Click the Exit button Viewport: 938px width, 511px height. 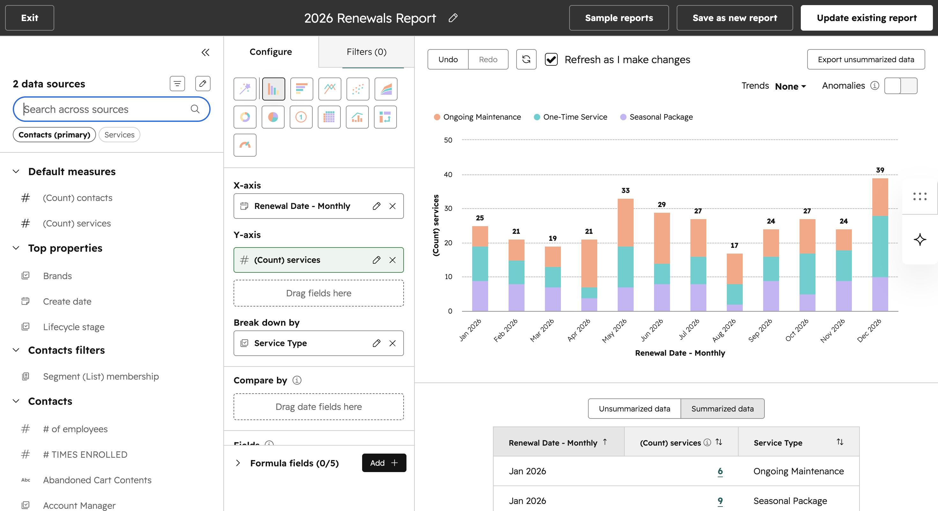[29, 18]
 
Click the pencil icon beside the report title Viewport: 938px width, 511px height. [453, 18]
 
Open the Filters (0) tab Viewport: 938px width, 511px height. [366, 52]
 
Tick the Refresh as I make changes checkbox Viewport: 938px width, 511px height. [551, 59]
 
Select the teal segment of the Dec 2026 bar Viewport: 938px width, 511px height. [880, 247]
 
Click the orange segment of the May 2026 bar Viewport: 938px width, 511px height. [625, 223]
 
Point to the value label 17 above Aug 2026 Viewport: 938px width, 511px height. [734, 245]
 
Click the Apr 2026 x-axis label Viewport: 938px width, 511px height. [579, 330]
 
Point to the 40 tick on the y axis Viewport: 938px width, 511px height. [448, 174]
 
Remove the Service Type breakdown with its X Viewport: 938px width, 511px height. [392, 343]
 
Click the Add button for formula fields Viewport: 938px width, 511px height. [384, 463]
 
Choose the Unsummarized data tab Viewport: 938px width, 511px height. [634, 409]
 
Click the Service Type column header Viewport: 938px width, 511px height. [778, 442]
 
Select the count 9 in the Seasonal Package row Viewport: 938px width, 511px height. [720, 501]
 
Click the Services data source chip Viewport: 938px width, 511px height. [119, 135]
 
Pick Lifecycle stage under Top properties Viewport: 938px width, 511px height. [74, 327]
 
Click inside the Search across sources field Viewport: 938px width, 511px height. [106, 109]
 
